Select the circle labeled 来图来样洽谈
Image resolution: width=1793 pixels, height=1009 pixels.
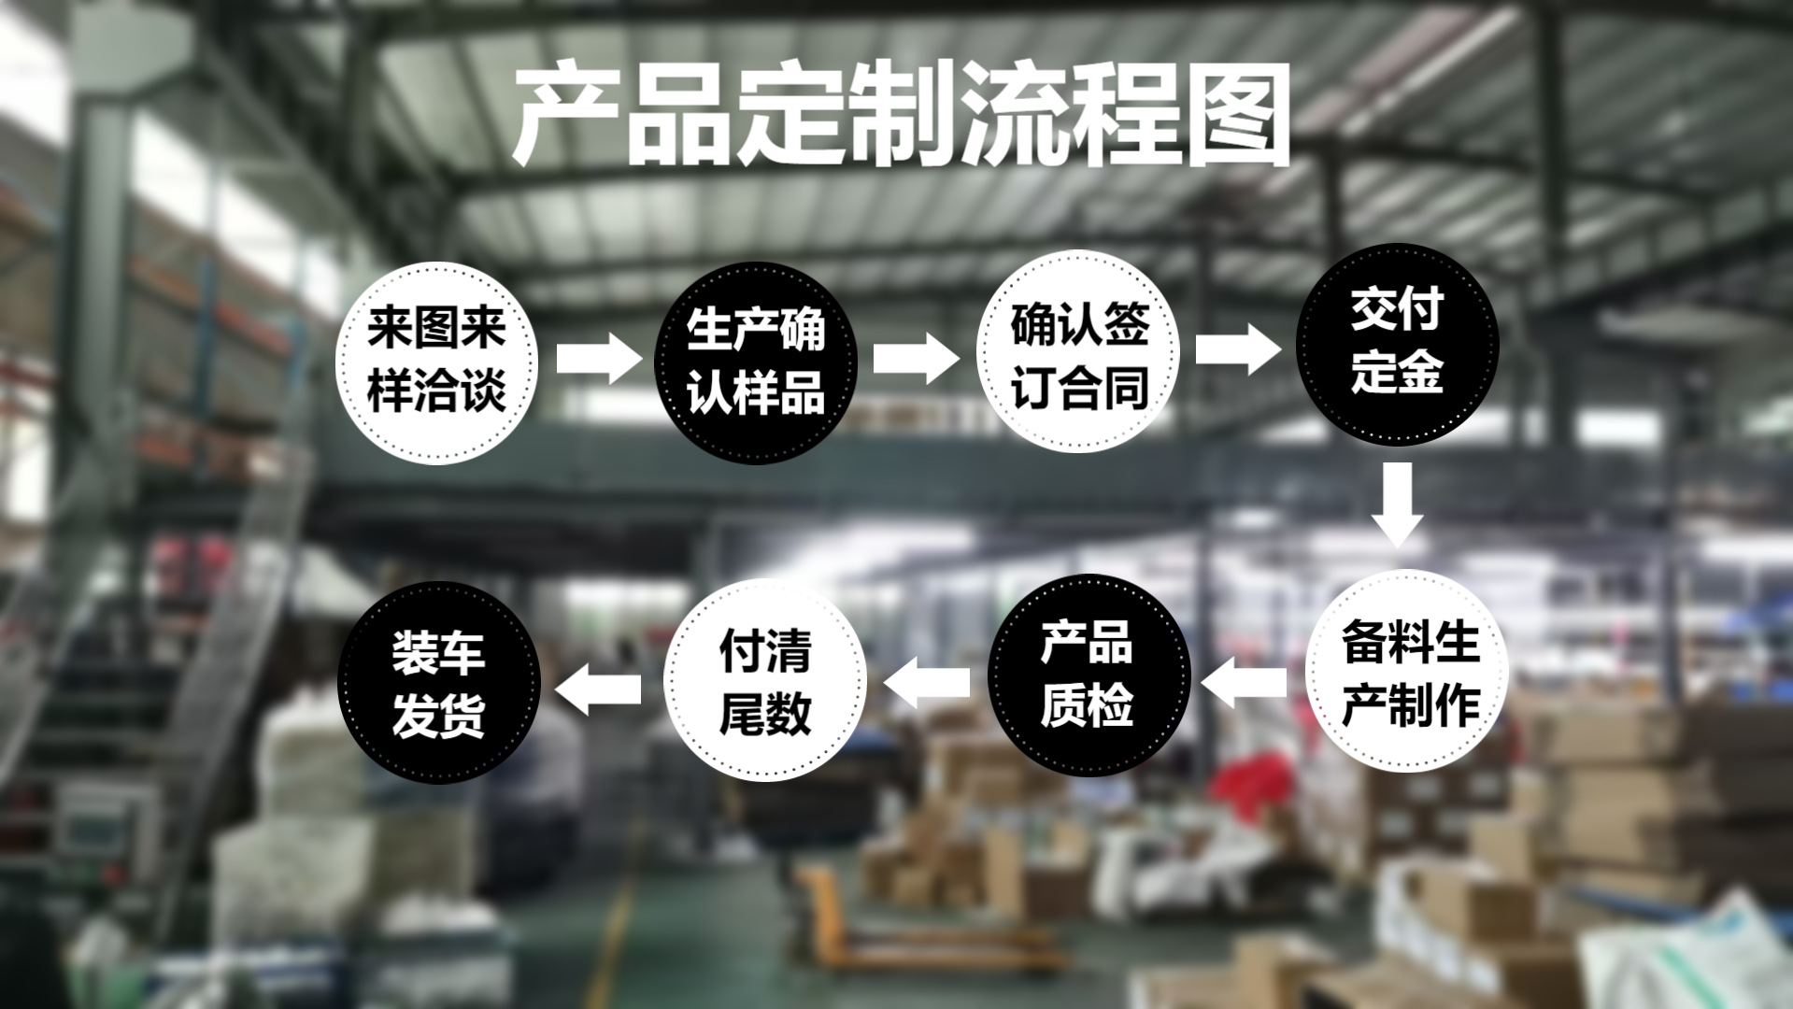click(436, 362)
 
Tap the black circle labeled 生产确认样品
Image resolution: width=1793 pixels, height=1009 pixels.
click(755, 362)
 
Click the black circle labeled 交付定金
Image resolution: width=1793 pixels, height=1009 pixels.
click(1397, 344)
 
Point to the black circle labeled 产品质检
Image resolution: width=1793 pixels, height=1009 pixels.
click(1089, 675)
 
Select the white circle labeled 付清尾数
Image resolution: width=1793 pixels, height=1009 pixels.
click(764, 680)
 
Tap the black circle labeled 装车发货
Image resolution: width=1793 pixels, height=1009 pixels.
click(438, 682)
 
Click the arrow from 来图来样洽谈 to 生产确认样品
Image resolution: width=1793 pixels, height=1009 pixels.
click(599, 359)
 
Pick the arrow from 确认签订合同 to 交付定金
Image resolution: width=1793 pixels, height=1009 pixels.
click(1238, 349)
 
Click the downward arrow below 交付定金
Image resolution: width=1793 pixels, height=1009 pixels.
click(1397, 504)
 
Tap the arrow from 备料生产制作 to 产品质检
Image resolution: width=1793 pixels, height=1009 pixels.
click(1245, 682)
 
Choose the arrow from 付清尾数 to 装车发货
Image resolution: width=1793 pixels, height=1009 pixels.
click(599, 689)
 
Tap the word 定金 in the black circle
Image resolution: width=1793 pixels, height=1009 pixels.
click(1397, 373)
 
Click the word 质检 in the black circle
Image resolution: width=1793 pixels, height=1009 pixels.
click(1087, 706)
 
